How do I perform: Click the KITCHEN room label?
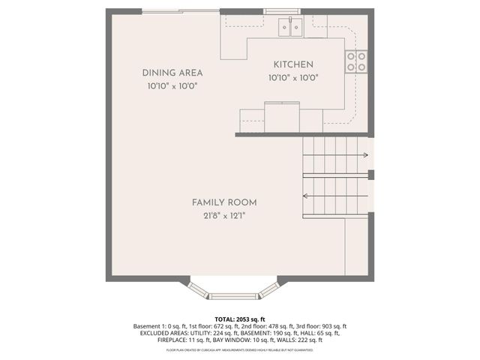coord(293,64)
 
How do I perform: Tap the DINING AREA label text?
coord(172,73)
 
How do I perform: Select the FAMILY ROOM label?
coord(224,202)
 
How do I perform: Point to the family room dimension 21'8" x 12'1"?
coord(224,216)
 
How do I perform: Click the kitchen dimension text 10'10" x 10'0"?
coord(293,78)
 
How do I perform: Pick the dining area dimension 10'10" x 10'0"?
coord(172,86)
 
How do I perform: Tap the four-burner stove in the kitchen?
coord(356,61)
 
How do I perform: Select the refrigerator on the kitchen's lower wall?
coord(282,117)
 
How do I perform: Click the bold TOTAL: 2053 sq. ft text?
coord(239,319)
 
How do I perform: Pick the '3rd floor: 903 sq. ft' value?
coord(320,326)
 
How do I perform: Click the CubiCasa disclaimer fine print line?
coord(239,349)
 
